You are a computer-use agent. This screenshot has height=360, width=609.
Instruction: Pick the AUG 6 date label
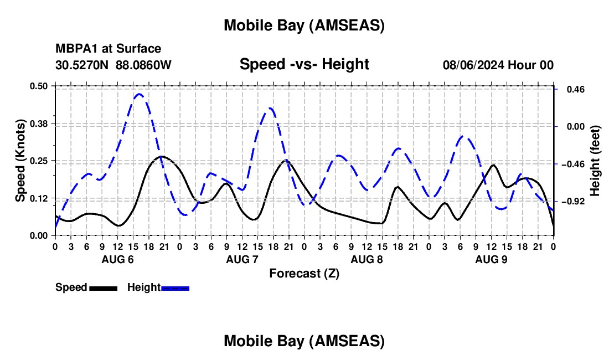[117, 259]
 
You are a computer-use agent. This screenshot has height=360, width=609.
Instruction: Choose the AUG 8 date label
[367, 259]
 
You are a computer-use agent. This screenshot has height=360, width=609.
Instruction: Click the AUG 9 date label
[491, 259]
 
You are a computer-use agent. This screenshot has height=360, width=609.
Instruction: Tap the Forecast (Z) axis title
[304, 273]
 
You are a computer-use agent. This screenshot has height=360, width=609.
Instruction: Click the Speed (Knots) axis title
[20, 161]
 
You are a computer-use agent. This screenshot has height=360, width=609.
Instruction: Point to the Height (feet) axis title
[595, 161]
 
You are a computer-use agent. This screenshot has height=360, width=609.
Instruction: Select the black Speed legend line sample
[102, 287]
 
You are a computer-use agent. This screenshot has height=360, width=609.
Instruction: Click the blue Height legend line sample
[175, 287]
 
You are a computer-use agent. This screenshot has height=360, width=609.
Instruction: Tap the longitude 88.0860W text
[143, 65]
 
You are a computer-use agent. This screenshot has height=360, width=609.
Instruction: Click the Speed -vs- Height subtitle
[304, 64]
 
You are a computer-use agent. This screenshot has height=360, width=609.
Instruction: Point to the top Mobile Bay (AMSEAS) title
[304, 25]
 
